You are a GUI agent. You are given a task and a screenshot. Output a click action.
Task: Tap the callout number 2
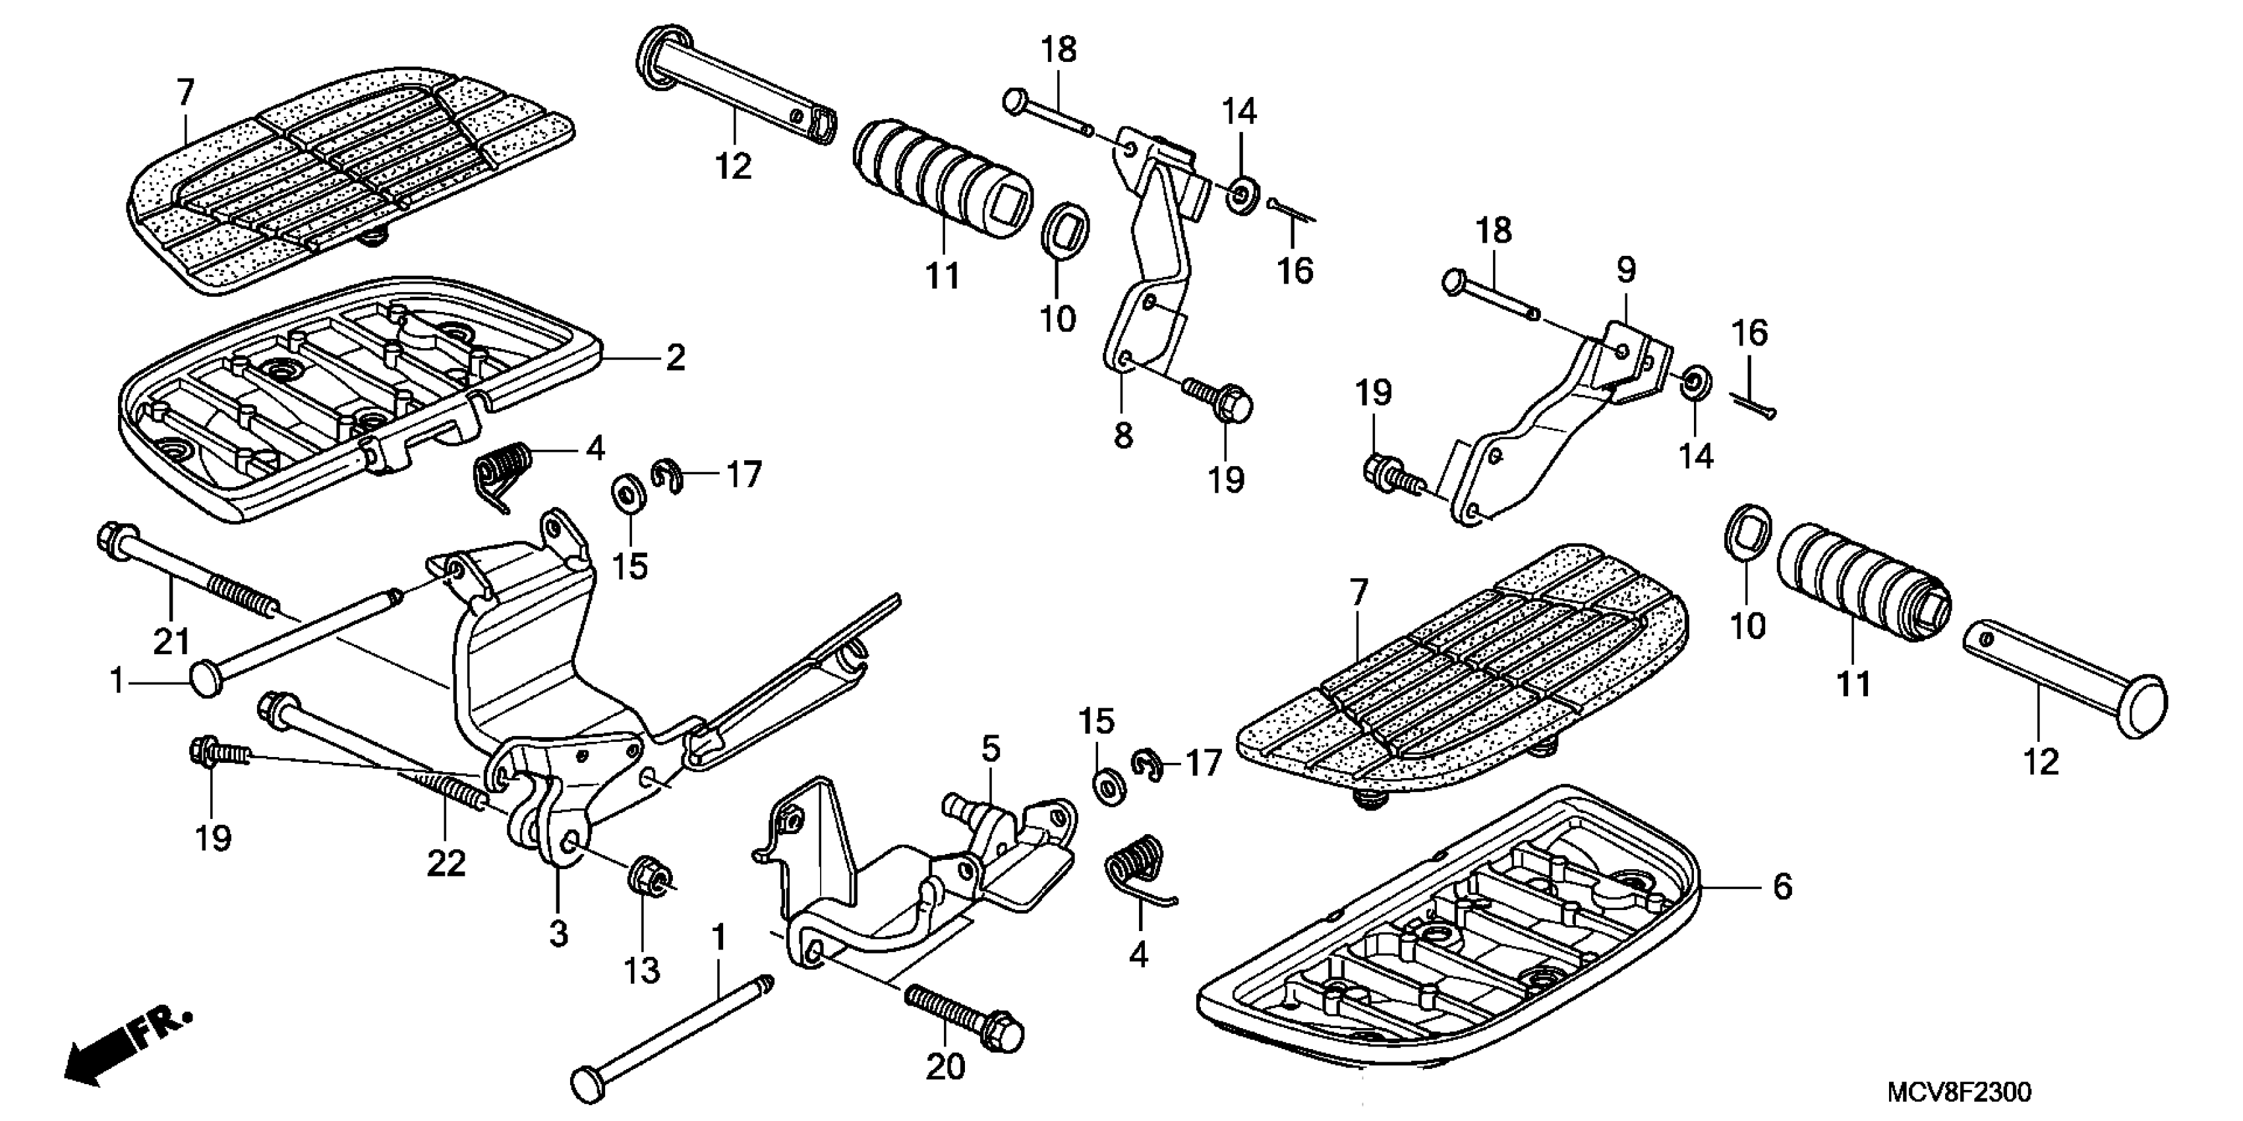tap(676, 358)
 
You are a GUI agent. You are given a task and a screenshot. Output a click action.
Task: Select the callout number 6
tap(1782, 888)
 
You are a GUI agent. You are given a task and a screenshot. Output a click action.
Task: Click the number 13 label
tap(642, 970)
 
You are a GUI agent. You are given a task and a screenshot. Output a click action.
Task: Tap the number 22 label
tap(446, 863)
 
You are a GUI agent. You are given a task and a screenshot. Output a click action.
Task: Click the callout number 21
tap(171, 641)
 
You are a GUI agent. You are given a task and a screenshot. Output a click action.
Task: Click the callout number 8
tap(1123, 435)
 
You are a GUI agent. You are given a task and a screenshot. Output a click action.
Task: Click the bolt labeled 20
tap(966, 1015)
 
